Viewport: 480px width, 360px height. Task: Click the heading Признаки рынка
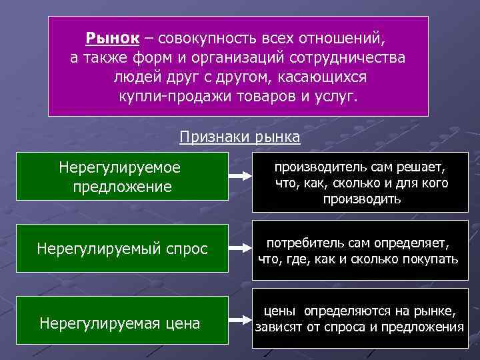pyautogui.click(x=240, y=137)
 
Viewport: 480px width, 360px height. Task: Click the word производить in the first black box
pyautogui.click(x=361, y=199)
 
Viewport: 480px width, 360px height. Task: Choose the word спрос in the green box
pyautogui.click(x=189, y=249)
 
